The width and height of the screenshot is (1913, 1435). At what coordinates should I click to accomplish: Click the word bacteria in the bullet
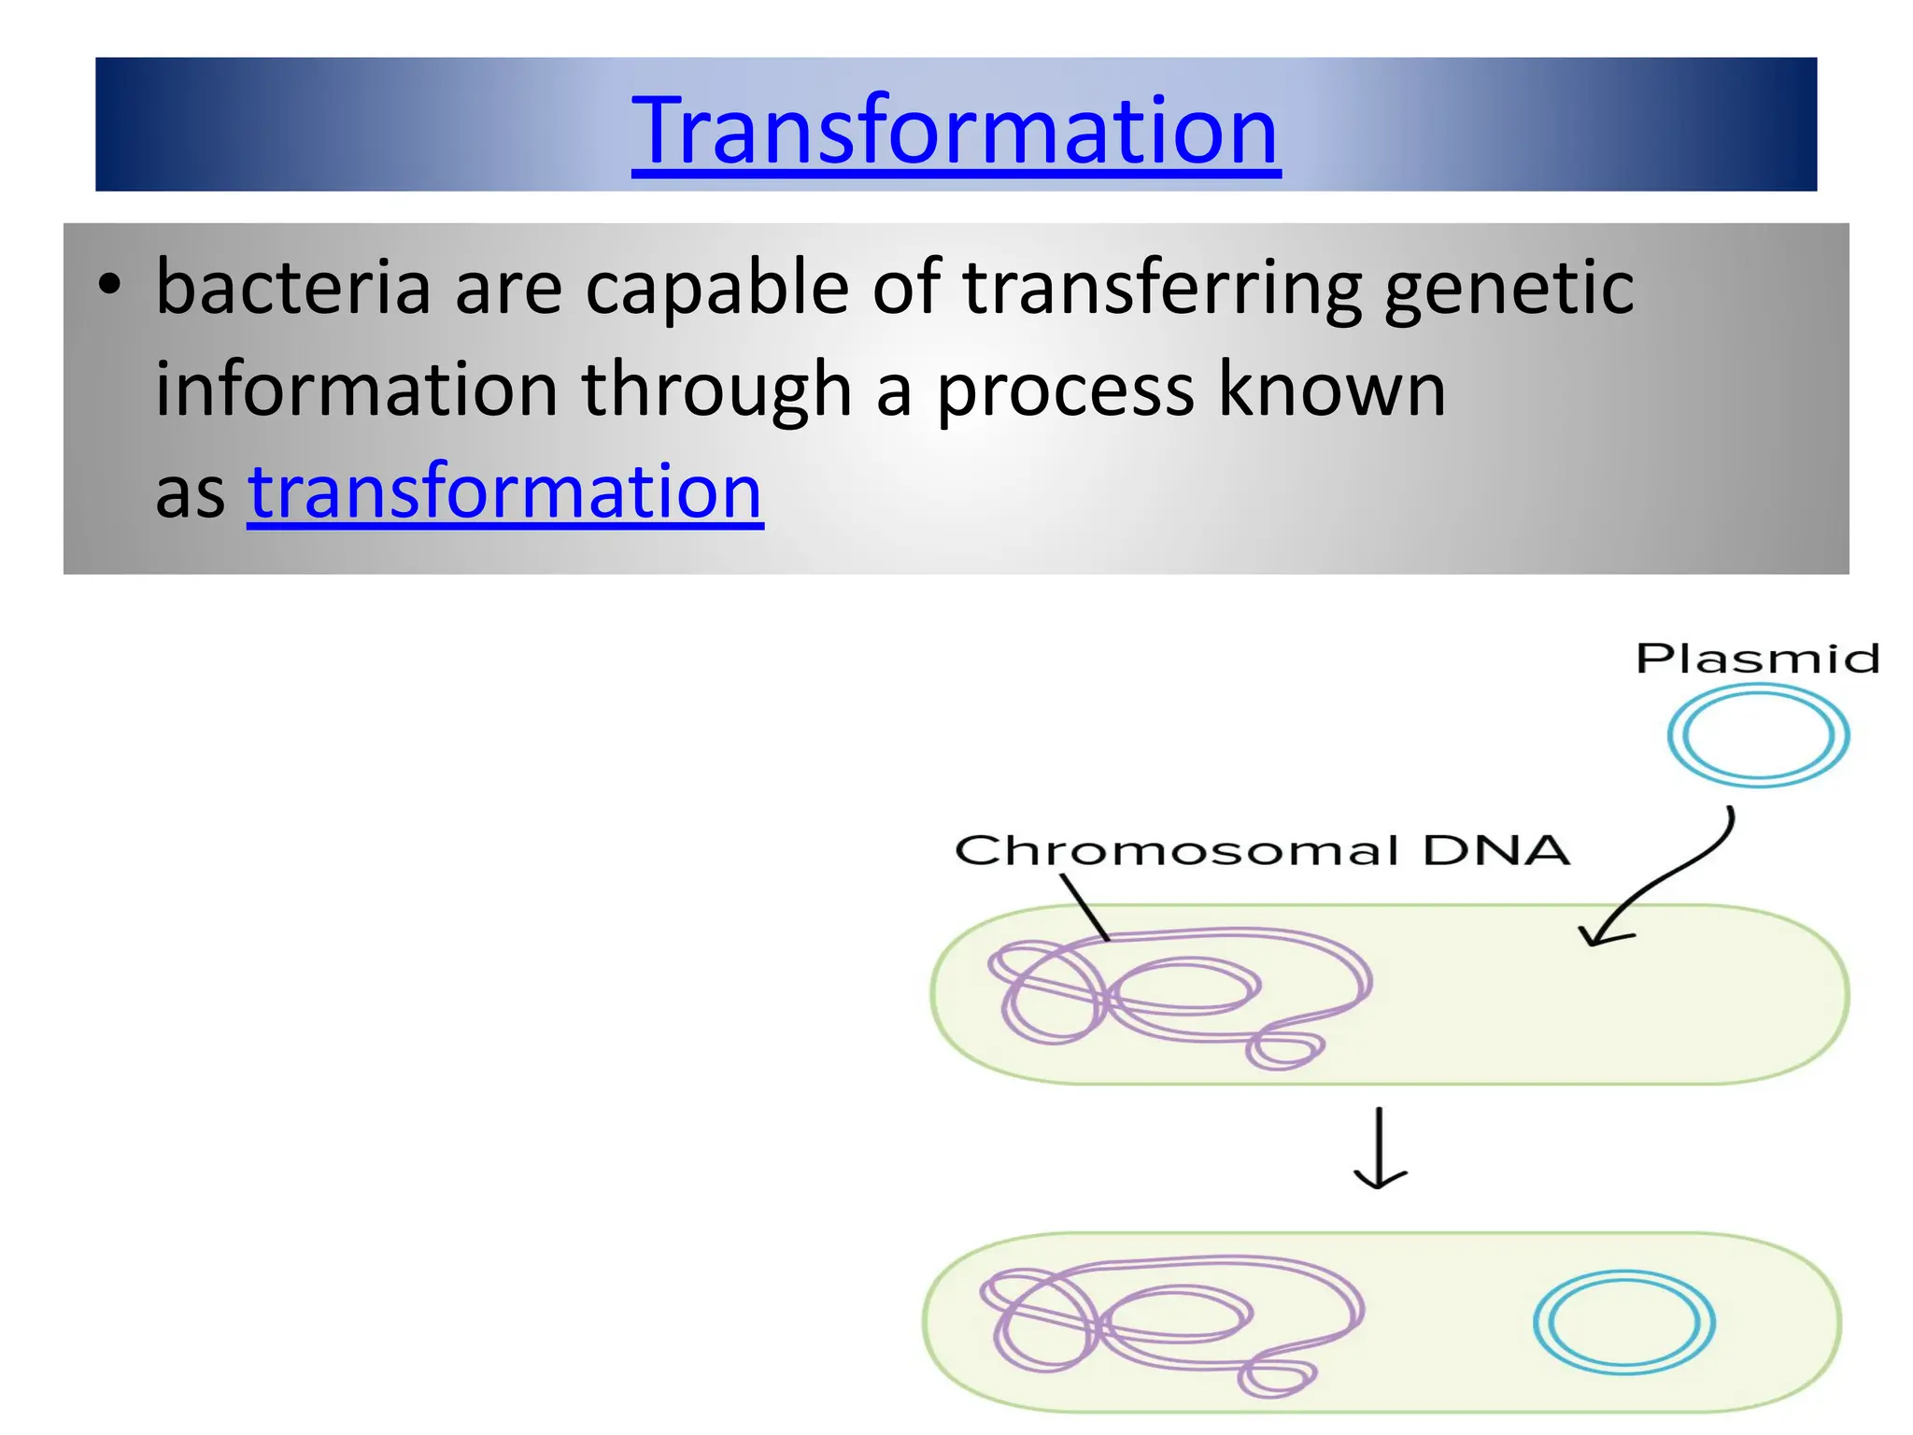point(292,288)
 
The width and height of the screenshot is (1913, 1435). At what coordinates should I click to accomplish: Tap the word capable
point(716,288)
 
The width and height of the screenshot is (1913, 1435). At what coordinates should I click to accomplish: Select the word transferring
point(1161,288)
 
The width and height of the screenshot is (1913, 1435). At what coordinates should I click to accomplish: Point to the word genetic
point(1509,288)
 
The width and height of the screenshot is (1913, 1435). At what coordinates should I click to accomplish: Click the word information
point(356,390)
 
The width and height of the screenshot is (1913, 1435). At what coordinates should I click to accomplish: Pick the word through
point(716,390)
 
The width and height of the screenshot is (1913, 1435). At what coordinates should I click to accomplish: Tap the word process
point(1065,390)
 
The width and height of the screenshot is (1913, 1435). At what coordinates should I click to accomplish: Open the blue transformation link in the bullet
point(505,492)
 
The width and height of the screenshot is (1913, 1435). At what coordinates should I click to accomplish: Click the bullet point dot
point(110,286)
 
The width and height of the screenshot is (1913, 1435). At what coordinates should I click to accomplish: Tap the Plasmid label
point(1757,659)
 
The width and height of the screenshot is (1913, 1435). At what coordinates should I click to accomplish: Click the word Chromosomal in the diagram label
point(1176,851)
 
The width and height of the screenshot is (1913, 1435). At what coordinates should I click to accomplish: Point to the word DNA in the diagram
point(1495,851)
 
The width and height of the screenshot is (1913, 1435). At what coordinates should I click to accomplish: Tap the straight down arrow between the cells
point(1380,1149)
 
